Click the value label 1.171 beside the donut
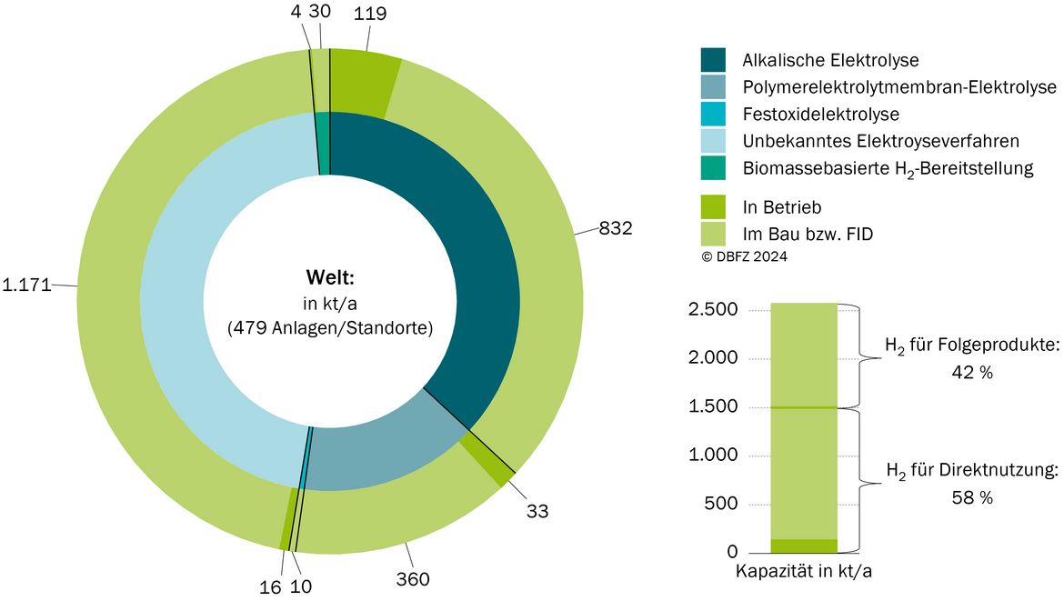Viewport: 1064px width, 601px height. [x=26, y=285]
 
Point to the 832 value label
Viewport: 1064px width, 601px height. [x=616, y=228]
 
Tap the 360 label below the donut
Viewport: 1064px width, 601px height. [x=413, y=579]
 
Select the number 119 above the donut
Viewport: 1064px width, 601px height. [x=370, y=13]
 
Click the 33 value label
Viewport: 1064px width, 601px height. [x=537, y=512]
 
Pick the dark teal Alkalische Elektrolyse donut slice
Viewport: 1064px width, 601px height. [x=468, y=271]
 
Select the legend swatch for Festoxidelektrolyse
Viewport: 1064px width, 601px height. [x=713, y=114]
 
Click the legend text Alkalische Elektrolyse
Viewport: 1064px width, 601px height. [x=830, y=60]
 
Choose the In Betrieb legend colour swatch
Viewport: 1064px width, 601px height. [x=713, y=207]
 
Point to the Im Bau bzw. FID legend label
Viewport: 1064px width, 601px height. [x=808, y=234]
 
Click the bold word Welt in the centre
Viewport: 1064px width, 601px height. [x=330, y=277]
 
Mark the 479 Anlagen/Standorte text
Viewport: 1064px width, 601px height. [x=330, y=328]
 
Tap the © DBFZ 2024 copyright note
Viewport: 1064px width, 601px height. [x=745, y=256]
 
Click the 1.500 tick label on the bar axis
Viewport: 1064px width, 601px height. [x=713, y=406]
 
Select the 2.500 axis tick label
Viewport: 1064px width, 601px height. [x=713, y=309]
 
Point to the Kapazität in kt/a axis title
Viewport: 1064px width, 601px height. [x=804, y=571]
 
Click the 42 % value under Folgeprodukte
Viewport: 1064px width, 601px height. [x=972, y=373]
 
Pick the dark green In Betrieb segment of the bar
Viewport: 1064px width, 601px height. [x=804, y=546]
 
